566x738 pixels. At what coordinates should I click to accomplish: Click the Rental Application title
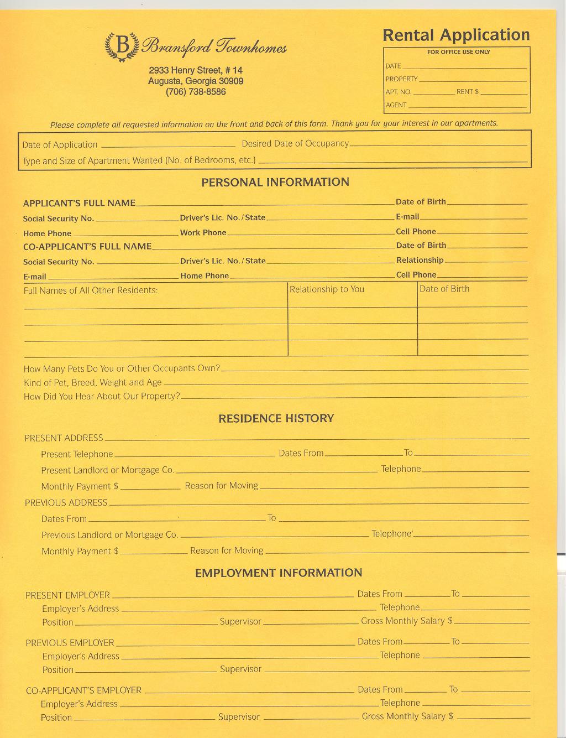point(456,35)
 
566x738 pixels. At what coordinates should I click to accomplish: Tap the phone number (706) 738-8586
point(196,92)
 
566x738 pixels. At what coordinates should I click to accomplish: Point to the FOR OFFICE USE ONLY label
point(458,52)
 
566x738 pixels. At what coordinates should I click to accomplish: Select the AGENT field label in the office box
point(396,105)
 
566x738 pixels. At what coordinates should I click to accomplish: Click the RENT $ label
point(467,92)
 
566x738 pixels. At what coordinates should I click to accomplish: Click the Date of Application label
point(60,145)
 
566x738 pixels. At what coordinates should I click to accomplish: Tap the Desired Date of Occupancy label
point(295,144)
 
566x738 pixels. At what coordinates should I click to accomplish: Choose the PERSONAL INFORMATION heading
point(275,182)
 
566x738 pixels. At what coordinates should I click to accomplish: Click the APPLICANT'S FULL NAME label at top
point(79,203)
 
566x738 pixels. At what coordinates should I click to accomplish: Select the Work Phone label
point(203,233)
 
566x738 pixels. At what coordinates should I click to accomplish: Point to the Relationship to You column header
point(327,289)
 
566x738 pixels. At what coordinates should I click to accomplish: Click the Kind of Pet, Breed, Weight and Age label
point(92,383)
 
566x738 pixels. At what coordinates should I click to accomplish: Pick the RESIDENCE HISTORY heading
point(276,418)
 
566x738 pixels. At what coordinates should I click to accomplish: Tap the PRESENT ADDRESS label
point(64,438)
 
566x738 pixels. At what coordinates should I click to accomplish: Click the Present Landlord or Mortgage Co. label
point(108,470)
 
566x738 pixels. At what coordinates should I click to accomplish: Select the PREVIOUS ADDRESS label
point(66,503)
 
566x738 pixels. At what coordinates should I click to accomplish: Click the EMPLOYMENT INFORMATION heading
point(279,573)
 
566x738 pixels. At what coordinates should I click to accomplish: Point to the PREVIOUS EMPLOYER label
point(70,643)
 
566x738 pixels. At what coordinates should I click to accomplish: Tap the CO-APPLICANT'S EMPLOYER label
point(83,690)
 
